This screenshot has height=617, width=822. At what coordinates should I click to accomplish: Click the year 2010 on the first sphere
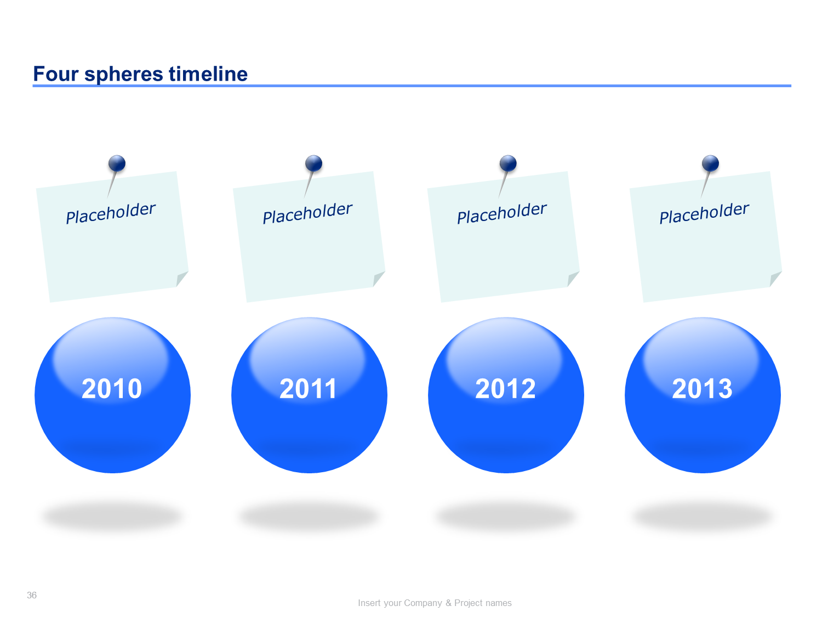[112, 388]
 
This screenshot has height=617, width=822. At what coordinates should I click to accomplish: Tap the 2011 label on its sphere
[308, 388]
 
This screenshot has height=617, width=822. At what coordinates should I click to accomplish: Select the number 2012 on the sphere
[505, 388]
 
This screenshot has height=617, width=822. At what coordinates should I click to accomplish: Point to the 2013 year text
[702, 388]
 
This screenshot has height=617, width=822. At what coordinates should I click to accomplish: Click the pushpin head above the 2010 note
[117, 163]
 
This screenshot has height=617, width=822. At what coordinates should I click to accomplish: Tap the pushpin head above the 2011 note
[313, 163]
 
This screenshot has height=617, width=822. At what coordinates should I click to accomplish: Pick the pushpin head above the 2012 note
[508, 163]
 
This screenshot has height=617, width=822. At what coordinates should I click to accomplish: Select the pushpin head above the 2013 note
[710, 163]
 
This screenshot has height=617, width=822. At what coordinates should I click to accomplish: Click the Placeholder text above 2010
[111, 213]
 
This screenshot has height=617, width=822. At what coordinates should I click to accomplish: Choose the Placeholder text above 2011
[307, 213]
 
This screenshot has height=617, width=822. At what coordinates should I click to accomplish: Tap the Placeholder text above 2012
[502, 213]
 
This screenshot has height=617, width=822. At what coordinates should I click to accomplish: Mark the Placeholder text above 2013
[704, 213]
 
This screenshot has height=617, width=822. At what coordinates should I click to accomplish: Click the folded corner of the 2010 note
[181, 279]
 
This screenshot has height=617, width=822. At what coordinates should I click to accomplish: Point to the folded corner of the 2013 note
[775, 279]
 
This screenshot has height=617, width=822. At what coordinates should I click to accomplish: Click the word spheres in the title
[124, 74]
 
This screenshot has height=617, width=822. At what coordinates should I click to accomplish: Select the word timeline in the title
[208, 73]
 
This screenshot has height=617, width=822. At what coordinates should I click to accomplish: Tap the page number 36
[32, 595]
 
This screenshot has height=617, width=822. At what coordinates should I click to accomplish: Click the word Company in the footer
[423, 603]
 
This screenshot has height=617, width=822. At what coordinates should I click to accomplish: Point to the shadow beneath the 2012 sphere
[505, 517]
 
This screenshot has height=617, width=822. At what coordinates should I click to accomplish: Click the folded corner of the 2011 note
[378, 279]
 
